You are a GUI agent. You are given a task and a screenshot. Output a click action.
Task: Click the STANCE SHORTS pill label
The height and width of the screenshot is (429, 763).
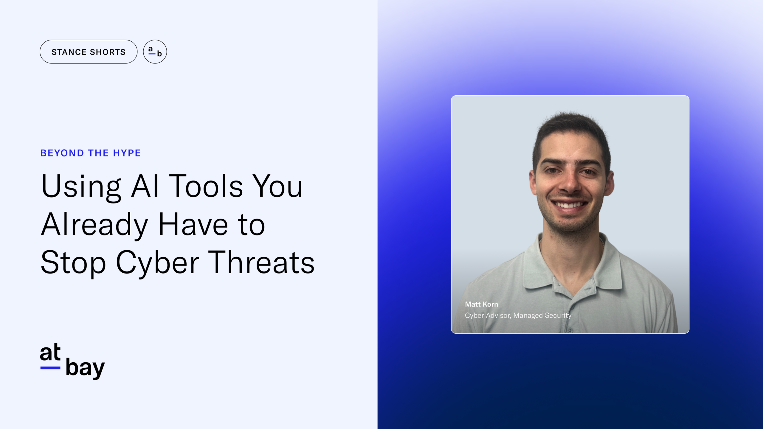pos(89,52)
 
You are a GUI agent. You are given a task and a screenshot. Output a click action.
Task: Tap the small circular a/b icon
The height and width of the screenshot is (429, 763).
pos(155,52)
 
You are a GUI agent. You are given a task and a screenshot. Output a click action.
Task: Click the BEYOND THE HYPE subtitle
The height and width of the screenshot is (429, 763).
pos(90,153)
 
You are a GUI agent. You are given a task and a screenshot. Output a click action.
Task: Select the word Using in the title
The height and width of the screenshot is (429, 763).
pos(81,186)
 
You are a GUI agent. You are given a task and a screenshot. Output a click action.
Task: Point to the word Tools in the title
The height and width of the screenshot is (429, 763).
pos(206,186)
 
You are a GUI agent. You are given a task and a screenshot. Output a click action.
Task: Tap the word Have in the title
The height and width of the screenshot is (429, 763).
pos(193,225)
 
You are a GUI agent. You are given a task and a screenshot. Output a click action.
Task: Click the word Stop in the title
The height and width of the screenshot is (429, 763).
pos(73,263)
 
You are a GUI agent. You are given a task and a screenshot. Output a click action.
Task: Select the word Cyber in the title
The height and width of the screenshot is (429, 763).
pos(157,263)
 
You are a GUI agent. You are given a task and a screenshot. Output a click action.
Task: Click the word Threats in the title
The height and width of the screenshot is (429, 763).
pos(261,263)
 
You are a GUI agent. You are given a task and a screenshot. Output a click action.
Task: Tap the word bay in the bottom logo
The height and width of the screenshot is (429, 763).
pos(85,368)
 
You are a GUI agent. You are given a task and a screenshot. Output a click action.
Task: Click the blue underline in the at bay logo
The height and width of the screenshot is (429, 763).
pos(50,368)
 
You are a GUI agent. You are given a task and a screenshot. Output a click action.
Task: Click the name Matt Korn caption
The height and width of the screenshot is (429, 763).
pos(481,304)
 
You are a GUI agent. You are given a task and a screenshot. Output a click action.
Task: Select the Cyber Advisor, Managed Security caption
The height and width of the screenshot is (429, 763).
pos(518,315)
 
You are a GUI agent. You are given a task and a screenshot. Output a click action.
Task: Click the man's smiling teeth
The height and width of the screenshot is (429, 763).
pos(569,205)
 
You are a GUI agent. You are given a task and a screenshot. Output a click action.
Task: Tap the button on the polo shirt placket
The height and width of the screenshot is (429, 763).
pos(570,330)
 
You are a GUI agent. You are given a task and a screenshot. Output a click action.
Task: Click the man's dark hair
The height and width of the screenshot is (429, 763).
pos(571,128)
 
